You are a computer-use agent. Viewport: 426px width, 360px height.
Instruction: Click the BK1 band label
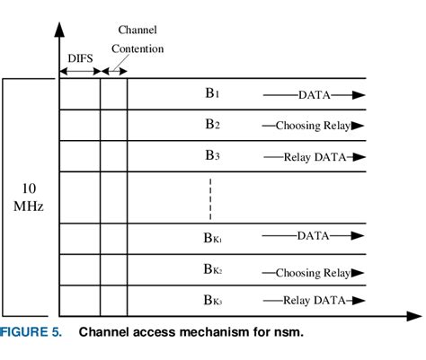coord(212,239)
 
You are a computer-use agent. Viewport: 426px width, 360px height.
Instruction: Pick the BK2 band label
coord(212,270)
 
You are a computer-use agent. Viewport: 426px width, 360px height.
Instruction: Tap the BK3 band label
coord(212,301)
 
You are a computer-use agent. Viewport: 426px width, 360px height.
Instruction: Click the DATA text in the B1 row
coord(314,94)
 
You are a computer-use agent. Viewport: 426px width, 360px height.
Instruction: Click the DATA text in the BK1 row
coord(314,237)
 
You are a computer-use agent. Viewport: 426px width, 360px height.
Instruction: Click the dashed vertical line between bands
coord(211,198)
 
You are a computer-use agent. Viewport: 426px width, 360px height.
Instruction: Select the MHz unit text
coord(29,206)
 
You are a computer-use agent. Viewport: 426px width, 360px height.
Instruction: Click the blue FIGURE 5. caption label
coord(31,334)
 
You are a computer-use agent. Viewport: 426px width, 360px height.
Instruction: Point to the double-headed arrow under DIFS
coord(79,70)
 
